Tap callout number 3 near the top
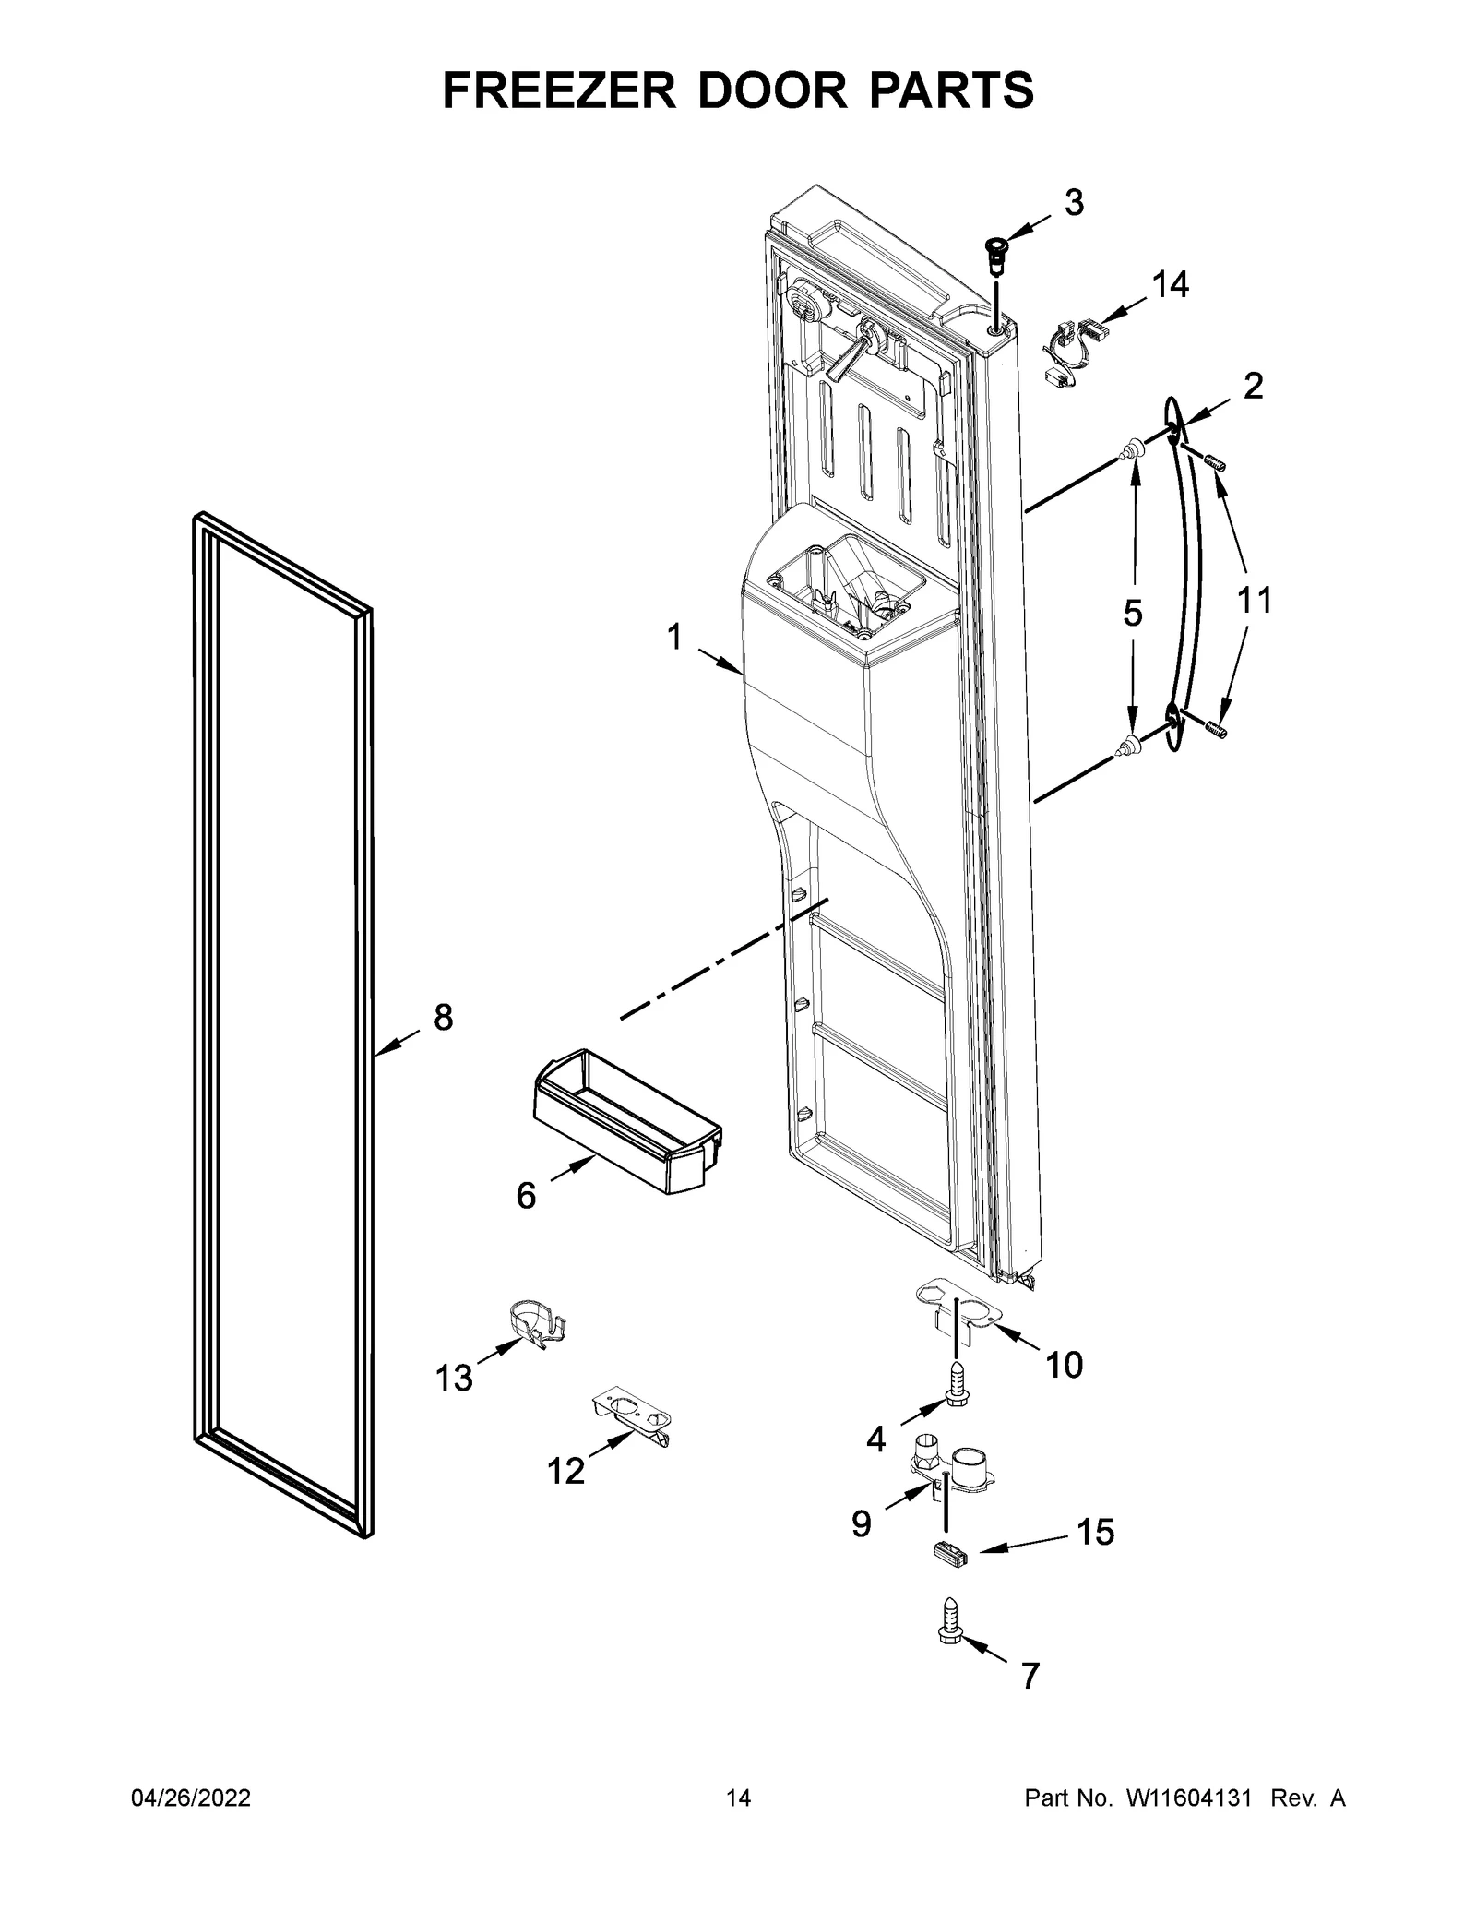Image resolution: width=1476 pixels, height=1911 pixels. tap(1074, 203)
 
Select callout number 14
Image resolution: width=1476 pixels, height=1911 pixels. tap(1170, 286)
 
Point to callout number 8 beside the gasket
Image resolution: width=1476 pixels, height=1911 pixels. tap(443, 1018)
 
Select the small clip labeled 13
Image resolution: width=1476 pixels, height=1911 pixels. tap(537, 1326)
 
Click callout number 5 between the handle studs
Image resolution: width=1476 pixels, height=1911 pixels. tap(1133, 613)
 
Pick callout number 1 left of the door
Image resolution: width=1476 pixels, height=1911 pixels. tap(674, 637)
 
